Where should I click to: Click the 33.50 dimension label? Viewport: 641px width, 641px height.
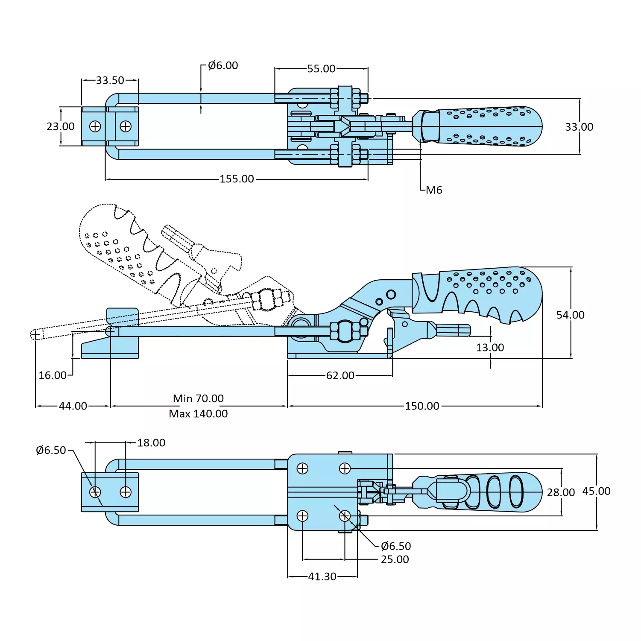[x=110, y=80]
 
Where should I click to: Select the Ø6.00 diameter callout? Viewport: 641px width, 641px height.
[x=222, y=65]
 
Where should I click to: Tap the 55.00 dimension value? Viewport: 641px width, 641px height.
[x=321, y=69]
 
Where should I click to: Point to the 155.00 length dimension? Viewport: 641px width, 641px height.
[x=237, y=179]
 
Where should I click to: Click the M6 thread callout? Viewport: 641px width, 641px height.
[x=434, y=190]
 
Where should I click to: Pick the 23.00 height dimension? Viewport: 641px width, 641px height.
[x=61, y=126]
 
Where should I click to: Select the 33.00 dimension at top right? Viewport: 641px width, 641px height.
[x=579, y=127]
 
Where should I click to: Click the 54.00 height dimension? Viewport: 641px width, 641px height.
[x=570, y=315]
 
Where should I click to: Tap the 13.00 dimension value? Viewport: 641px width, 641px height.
[x=490, y=348]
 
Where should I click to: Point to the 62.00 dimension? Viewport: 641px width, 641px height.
[x=340, y=375]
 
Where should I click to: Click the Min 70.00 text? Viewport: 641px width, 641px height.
[x=198, y=398]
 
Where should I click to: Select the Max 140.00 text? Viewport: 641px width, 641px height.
[x=198, y=414]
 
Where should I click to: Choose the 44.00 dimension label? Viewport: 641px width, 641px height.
[x=73, y=406]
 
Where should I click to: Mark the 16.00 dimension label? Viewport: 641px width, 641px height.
[x=53, y=375]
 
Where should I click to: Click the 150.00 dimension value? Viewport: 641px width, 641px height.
[x=422, y=406]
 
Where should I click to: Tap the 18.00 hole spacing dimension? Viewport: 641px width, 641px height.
[x=151, y=443]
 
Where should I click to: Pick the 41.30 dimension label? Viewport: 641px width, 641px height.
[x=322, y=577]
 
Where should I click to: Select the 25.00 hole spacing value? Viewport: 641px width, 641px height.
[x=395, y=559]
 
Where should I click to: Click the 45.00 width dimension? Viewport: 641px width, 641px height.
[x=596, y=491]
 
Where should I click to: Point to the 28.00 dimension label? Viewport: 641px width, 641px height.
[x=561, y=492]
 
